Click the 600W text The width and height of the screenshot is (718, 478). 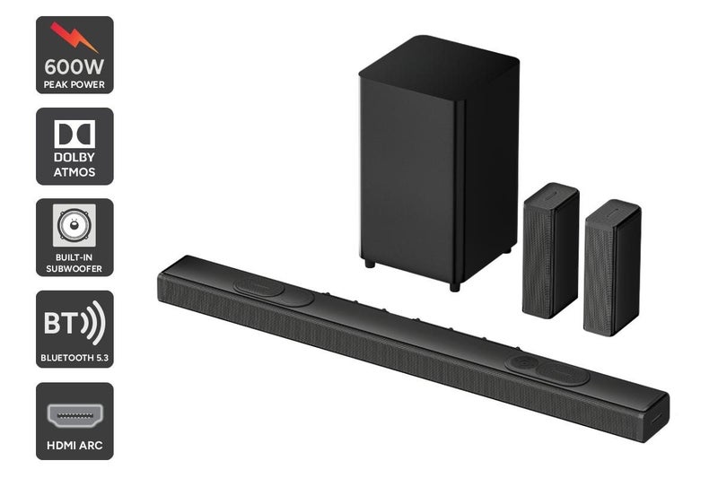(74, 68)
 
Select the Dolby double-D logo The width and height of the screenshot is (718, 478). (74, 135)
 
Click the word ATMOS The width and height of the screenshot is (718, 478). (74, 170)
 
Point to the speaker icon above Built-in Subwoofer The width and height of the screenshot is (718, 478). (74, 225)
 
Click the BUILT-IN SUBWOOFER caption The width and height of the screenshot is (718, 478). (74, 262)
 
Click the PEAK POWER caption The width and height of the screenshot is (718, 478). (74, 84)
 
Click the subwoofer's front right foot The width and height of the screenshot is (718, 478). (454, 285)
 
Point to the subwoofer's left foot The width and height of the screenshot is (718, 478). (369, 264)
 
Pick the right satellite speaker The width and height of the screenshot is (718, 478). (611, 267)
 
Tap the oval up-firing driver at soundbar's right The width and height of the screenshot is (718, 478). (547, 369)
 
